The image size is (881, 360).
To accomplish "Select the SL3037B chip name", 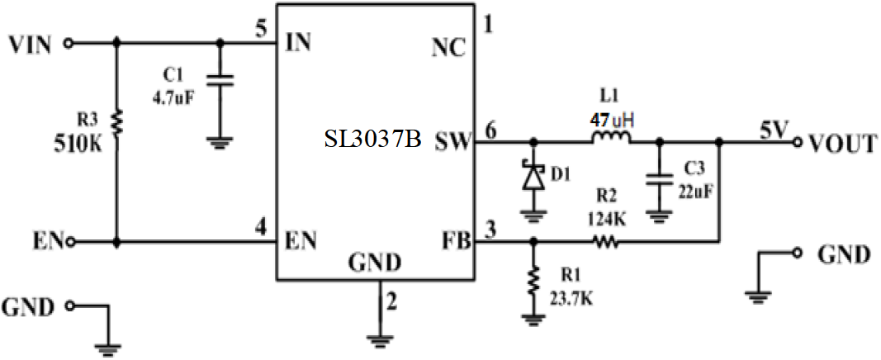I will click(x=372, y=141).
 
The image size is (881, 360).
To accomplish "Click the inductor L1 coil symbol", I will click(x=611, y=139).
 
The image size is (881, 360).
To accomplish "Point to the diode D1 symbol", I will click(x=533, y=178).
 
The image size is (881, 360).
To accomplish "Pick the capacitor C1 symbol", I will click(x=220, y=80).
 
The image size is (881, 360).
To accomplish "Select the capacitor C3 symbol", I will click(x=658, y=180).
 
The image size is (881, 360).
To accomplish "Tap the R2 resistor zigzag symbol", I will click(x=605, y=242).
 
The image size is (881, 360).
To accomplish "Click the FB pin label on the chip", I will click(x=455, y=241).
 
